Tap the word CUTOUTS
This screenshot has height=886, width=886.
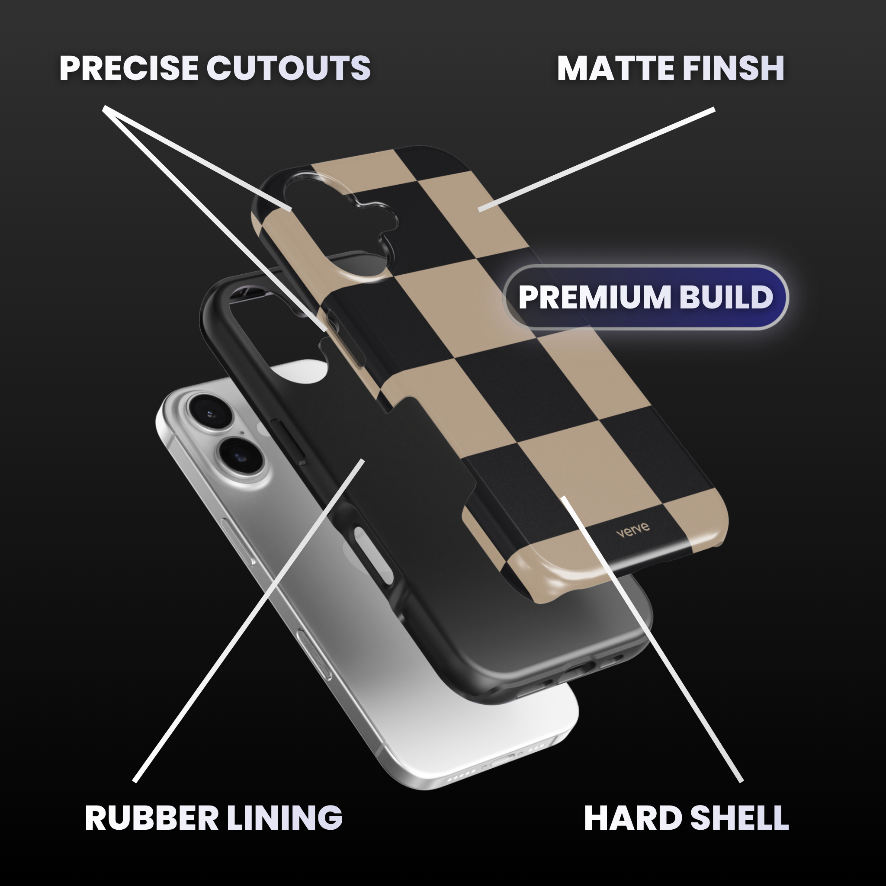coord(289,68)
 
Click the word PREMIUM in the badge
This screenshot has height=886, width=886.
coord(595,297)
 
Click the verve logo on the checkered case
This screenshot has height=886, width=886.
coord(633,529)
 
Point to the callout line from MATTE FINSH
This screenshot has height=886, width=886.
coord(596,160)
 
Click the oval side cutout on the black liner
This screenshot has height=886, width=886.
coord(374,555)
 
